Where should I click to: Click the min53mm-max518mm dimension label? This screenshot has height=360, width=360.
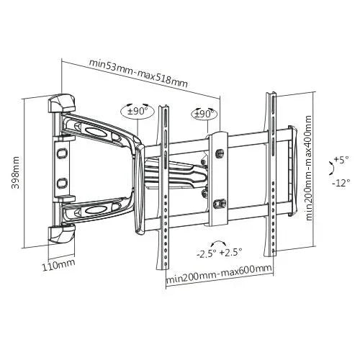pos(138,73)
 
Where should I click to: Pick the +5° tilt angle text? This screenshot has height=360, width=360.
pos(341,158)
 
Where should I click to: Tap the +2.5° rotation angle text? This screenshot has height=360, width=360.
pos(230,252)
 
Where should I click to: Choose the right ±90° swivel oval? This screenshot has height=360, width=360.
pos(204,114)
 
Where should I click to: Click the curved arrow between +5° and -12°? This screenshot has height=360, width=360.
pos(331,170)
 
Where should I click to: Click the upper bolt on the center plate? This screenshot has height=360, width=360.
pos(218,153)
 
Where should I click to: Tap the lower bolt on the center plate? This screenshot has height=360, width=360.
pos(218,203)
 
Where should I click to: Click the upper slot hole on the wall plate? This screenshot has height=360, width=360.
pos(62,153)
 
